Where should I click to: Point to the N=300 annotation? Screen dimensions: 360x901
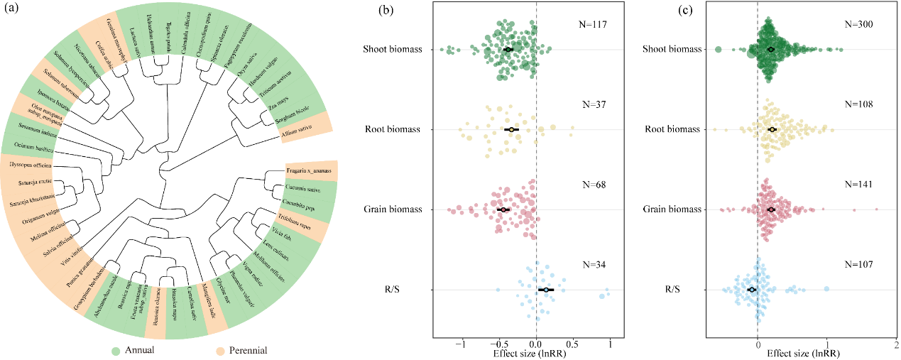pyautogui.click(x=858, y=25)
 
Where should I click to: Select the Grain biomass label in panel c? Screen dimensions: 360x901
pyautogui.click(x=672, y=209)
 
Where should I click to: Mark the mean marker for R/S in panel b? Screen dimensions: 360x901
pyautogui.click(x=545, y=290)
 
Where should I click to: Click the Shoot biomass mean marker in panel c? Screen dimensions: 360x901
pyautogui.click(x=772, y=49)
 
